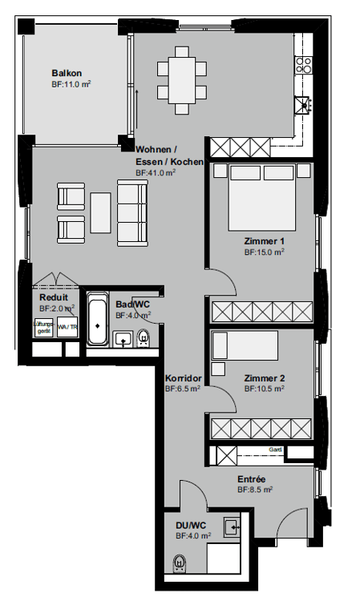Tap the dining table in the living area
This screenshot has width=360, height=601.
coord(182,78)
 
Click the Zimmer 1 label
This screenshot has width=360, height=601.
coord(265,240)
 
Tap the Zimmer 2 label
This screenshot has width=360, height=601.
coord(265,378)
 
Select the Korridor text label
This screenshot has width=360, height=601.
coord(182,378)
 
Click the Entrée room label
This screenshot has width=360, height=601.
coord(251,479)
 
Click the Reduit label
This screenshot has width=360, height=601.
coord(54,296)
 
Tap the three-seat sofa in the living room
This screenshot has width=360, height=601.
coord(132,212)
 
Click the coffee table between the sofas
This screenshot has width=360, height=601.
coord(101,213)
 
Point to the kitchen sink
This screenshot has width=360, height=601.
coord(303,103)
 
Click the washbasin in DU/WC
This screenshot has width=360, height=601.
coord(232,526)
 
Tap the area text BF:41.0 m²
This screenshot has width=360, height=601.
coord(156,172)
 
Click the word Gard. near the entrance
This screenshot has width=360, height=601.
coord(276,450)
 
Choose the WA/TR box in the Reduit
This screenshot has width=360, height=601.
coord(68,328)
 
